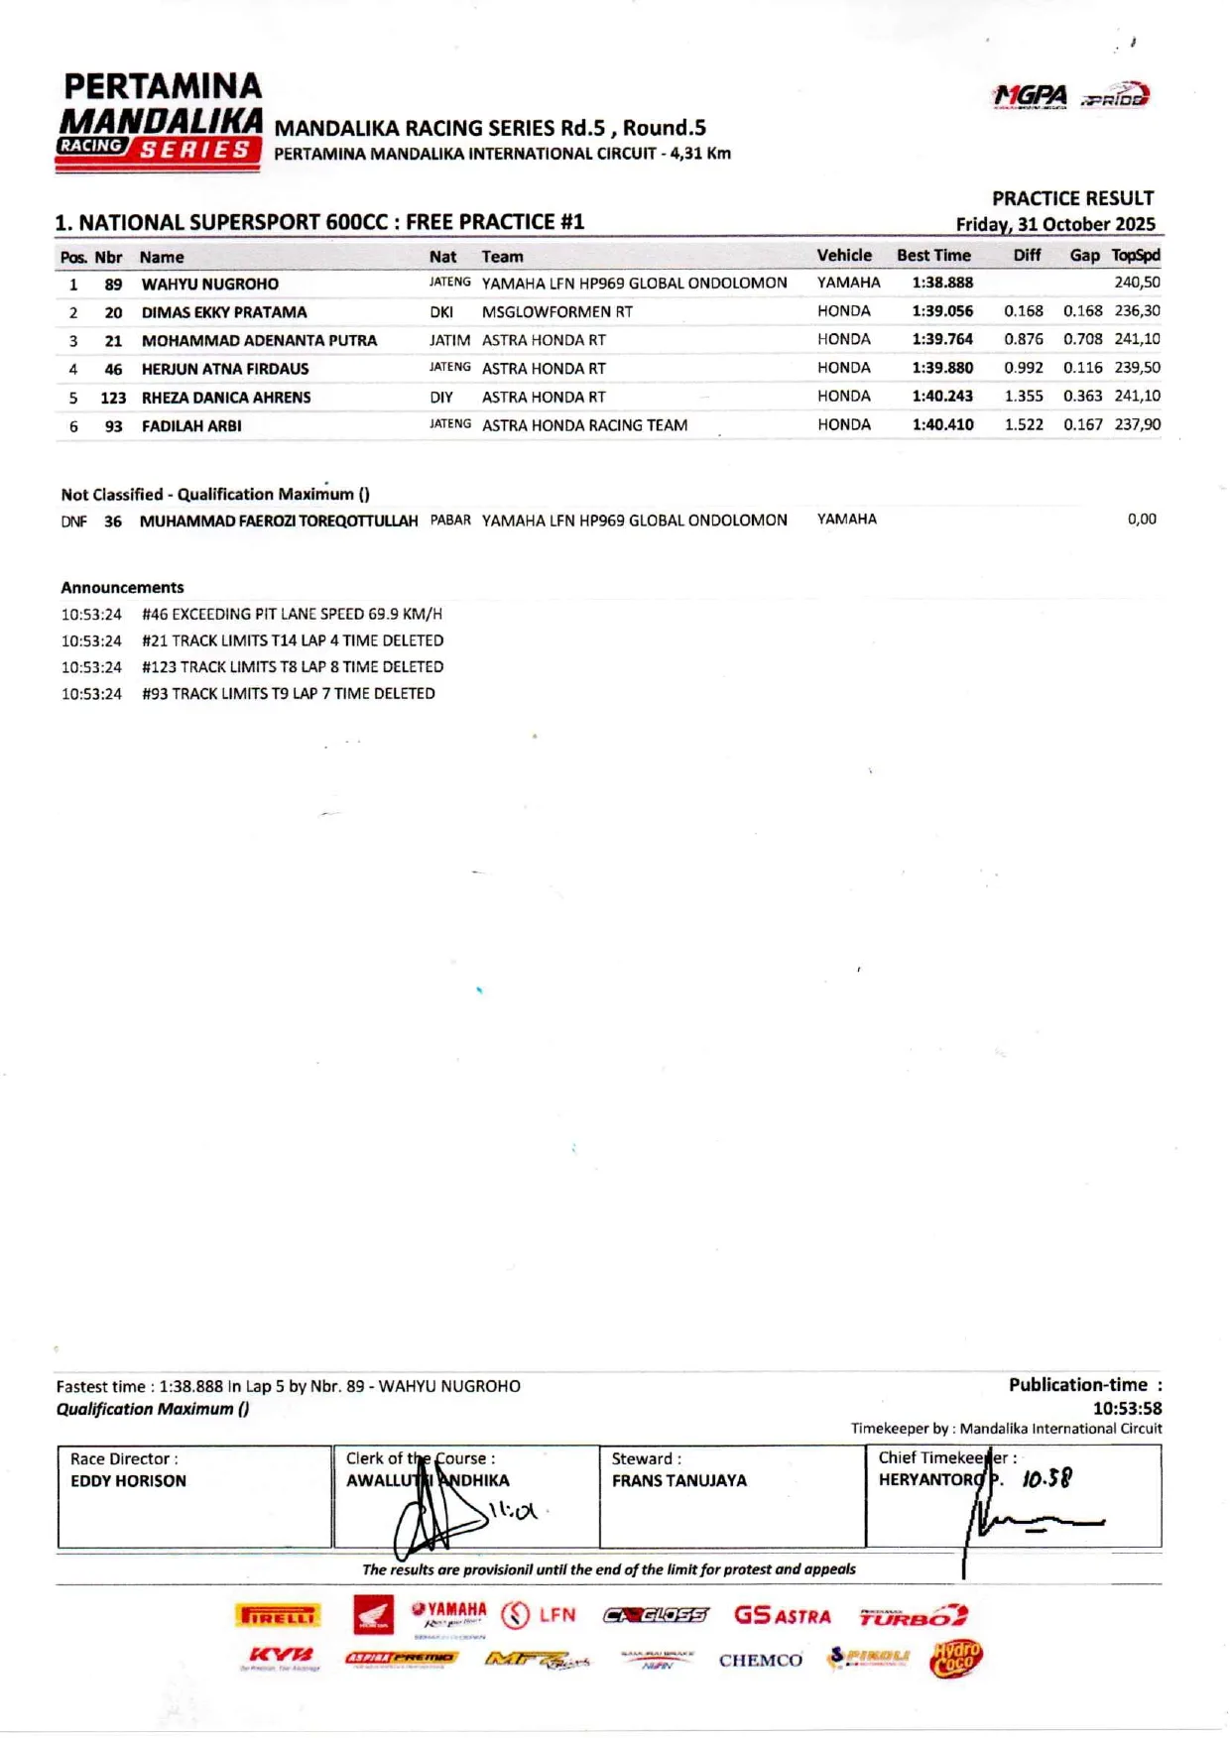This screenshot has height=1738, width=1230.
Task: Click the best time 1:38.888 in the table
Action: click(x=941, y=283)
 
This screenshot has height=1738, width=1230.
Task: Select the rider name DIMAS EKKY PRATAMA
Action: click(x=224, y=312)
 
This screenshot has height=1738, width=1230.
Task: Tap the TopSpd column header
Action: click(x=1135, y=256)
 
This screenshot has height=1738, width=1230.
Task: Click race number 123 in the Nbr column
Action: click(x=113, y=398)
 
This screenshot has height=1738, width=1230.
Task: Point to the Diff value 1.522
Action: click(x=1024, y=424)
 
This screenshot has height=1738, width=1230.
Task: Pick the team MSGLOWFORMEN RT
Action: click(x=556, y=311)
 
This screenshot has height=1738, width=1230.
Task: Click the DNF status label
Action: click(x=73, y=521)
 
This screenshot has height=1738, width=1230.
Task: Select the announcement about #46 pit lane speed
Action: click(x=292, y=615)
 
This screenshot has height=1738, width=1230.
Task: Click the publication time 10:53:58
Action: click(x=1127, y=1408)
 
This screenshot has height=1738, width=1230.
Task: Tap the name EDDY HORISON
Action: click(x=128, y=1481)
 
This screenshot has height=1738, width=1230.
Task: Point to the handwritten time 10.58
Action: click(x=1046, y=1479)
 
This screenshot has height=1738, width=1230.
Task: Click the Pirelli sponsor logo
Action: click(x=278, y=1616)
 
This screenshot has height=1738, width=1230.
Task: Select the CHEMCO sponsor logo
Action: click(x=760, y=1661)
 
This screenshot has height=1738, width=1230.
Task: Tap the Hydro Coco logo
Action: click(x=956, y=1658)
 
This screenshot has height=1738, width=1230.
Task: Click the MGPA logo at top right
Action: click(x=1030, y=96)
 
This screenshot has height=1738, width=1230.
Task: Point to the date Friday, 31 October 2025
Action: click(x=1055, y=224)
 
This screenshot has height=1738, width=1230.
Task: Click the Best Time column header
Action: click(x=933, y=256)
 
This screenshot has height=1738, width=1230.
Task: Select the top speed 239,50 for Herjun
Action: click(x=1137, y=368)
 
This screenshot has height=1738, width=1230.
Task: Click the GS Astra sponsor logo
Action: click(x=782, y=1616)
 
